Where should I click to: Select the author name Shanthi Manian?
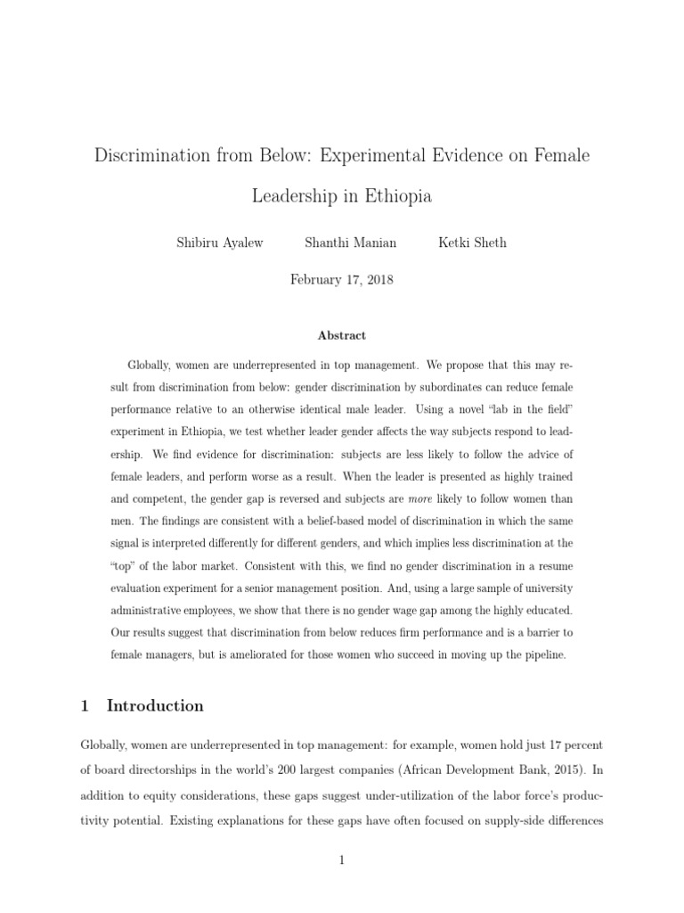pyautogui.click(x=350, y=243)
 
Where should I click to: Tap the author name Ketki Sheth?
pyautogui.click(x=472, y=243)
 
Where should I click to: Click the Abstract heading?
pyautogui.click(x=342, y=336)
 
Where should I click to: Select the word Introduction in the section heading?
pyautogui.click(x=155, y=706)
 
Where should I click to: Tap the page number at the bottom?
pyautogui.click(x=341, y=860)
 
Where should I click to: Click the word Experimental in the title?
pyautogui.click(x=380, y=156)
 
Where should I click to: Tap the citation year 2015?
pyautogui.click(x=554, y=765)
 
